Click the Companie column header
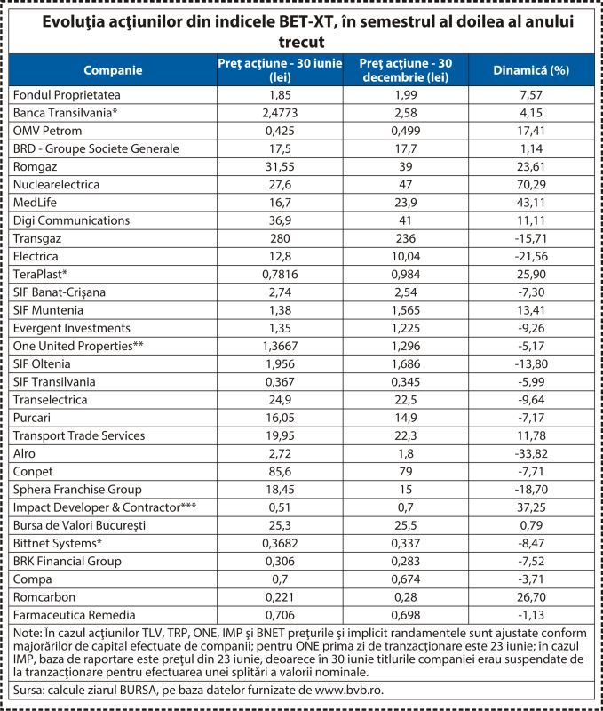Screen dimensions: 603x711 pyautogui.click(x=113, y=70)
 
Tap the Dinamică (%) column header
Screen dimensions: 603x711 pyautogui.click(x=531, y=70)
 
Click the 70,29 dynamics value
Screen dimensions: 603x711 pyautogui.click(x=531, y=185)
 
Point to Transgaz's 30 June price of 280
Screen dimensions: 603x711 pyautogui.click(x=280, y=238)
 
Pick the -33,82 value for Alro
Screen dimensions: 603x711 pyautogui.click(x=531, y=453)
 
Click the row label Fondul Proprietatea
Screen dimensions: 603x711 pyautogui.click(x=67, y=95)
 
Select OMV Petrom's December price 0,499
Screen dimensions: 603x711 pyautogui.click(x=406, y=131)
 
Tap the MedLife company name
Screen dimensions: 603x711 pyautogui.click(x=35, y=203)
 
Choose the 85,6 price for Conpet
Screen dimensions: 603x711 pyautogui.click(x=280, y=472)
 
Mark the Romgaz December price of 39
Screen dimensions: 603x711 pyautogui.click(x=406, y=166)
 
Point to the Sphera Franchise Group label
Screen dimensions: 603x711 pyautogui.click(x=77, y=490)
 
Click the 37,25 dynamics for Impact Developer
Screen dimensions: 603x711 pyautogui.click(x=531, y=507)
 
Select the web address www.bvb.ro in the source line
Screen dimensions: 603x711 pyautogui.click(x=349, y=691)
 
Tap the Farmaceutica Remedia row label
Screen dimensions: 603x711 pyautogui.click(x=75, y=615)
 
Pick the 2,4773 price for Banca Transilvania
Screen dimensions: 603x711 pyautogui.click(x=280, y=113)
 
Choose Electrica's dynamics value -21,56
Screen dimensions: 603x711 pyautogui.click(x=531, y=256)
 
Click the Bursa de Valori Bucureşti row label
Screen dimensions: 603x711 pyautogui.click(x=79, y=525)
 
